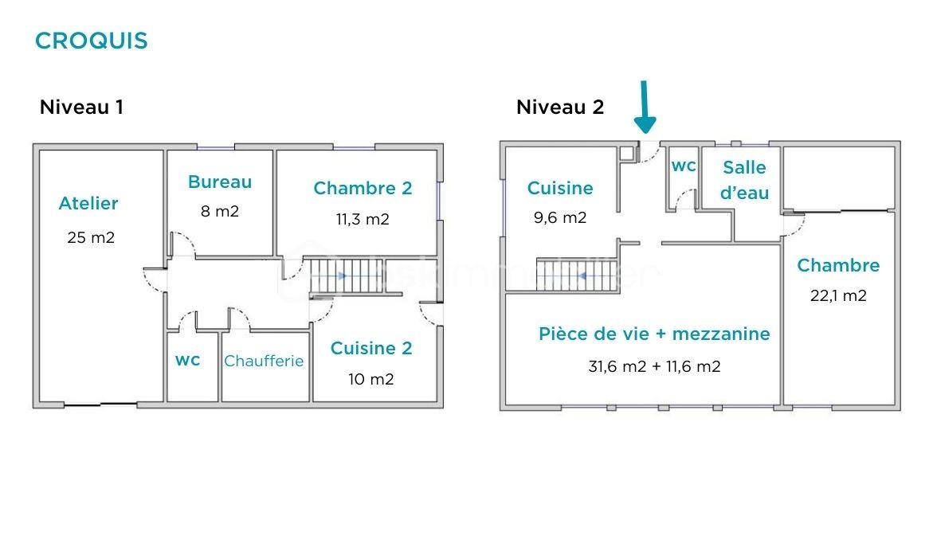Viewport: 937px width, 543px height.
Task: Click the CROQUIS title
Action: coord(92,41)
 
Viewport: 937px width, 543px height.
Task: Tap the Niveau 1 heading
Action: coord(81,107)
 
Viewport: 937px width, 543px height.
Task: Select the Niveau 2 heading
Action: coord(560,107)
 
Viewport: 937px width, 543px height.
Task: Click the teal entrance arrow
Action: coord(645,106)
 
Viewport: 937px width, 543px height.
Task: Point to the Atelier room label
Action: coord(88,203)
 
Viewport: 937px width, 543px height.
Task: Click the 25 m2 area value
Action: coord(91,237)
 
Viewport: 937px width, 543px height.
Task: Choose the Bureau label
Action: coord(220,182)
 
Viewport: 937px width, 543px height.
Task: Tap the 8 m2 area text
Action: coord(220,212)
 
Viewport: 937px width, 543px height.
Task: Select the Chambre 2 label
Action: coord(363,188)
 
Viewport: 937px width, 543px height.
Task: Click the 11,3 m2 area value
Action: coord(363,219)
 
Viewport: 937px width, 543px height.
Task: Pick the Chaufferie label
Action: coord(264,361)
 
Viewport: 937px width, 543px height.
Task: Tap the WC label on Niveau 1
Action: coord(187,360)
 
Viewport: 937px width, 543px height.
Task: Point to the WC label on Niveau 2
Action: coord(684,166)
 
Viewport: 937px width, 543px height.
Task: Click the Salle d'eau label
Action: coord(745,180)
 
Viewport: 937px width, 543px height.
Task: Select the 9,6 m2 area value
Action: coord(560,218)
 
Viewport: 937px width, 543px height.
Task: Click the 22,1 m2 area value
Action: coord(838,295)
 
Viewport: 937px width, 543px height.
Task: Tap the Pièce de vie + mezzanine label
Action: coord(654,334)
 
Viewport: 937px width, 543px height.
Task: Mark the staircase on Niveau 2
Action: coord(578,275)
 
